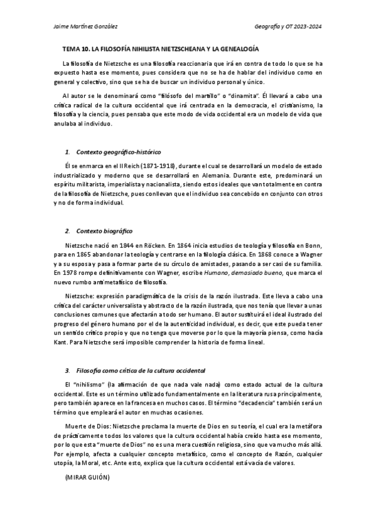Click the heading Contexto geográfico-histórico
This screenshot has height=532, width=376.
(118, 152)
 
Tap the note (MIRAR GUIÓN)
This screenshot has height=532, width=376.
(87, 478)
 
